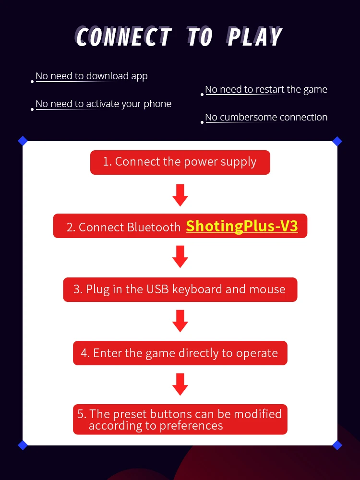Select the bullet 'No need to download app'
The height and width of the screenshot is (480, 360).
[x=92, y=76]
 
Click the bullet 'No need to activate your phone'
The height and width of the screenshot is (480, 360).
[x=103, y=104]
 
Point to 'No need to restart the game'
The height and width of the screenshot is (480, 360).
[x=266, y=89]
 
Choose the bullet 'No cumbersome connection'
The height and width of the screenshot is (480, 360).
[x=266, y=117]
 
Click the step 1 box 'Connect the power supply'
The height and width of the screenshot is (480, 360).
[x=180, y=162]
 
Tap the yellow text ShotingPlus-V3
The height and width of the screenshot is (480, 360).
[x=242, y=226]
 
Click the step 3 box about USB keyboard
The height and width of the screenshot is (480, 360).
[x=180, y=289]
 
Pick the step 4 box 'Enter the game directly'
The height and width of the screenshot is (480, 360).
[x=180, y=353]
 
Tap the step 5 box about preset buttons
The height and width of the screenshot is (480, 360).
[x=180, y=419]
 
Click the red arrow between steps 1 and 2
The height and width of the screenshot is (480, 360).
[x=180, y=195]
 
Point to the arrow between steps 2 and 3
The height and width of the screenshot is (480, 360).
[x=180, y=256]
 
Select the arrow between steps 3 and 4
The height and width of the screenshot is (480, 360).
[x=180, y=321]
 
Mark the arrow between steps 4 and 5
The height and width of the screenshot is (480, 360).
[x=180, y=384]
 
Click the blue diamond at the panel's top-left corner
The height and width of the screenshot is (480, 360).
[x=23, y=141]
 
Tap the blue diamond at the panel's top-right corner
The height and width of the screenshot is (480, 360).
[x=337, y=141]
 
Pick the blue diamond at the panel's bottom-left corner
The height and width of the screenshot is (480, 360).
[x=23, y=445]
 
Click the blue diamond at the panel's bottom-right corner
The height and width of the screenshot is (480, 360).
[x=337, y=445]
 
